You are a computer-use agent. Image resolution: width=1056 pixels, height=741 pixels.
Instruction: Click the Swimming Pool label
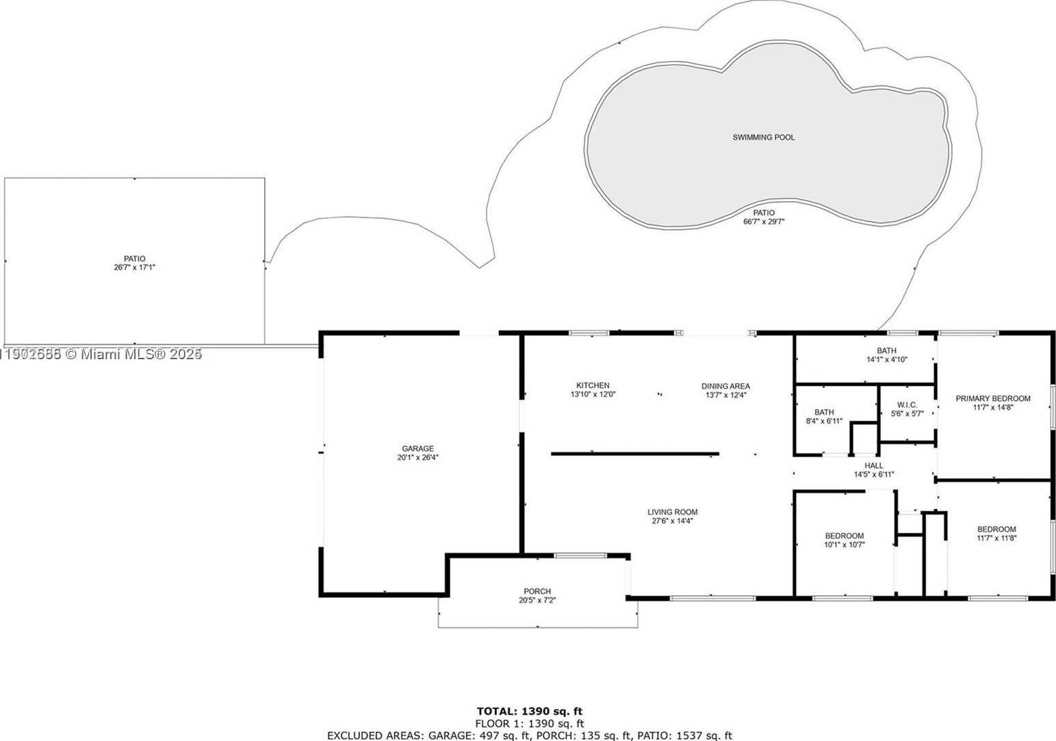763,138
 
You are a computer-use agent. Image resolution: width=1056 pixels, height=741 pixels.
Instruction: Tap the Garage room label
417,449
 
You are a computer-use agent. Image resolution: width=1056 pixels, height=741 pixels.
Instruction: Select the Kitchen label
593,385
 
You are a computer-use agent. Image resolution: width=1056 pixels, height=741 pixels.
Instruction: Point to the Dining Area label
725,386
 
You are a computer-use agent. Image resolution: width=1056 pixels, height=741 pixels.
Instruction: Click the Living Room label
672,512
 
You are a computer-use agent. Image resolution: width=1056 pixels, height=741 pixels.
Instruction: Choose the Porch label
537,591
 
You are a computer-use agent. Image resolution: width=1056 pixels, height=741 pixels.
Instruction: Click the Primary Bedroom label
992,398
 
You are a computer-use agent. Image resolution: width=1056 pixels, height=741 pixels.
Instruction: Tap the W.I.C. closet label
907,405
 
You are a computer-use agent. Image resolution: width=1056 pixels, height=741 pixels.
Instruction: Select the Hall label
873,465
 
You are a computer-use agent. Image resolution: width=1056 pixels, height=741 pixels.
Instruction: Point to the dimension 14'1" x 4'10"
886,359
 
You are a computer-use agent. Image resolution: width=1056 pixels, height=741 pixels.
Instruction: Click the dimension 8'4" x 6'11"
824,421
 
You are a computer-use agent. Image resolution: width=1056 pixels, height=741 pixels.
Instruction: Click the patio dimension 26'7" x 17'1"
135,268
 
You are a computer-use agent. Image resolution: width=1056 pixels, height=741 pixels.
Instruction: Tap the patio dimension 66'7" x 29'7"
764,222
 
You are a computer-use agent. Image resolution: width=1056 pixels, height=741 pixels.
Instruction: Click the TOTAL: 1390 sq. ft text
529,712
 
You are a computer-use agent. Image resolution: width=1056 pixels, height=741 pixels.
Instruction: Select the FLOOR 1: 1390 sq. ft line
529,723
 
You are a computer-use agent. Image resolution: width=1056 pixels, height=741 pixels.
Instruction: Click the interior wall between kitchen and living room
634,453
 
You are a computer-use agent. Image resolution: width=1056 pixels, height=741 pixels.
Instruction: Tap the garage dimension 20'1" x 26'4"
417,458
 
